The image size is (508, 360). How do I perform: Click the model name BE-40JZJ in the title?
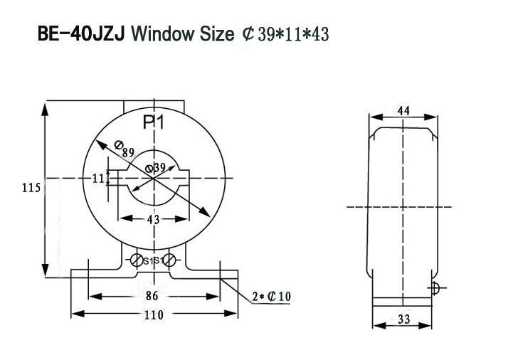(81, 33)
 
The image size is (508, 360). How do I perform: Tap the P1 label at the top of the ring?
(154, 122)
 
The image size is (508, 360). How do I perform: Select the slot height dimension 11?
(97, 179)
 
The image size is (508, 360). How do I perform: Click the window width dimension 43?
(153, 219)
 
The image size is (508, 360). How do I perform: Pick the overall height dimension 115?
(31, 189)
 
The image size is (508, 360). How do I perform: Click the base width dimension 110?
(153, 314)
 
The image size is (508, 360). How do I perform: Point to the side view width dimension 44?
(403, 111)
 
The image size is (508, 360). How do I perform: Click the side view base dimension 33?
(403, 321)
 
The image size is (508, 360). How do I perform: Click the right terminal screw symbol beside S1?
(169, 260)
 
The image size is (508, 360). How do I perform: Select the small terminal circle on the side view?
(436, 288)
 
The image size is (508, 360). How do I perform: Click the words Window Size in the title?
(182, 33)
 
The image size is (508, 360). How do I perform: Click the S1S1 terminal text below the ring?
(154, 260)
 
